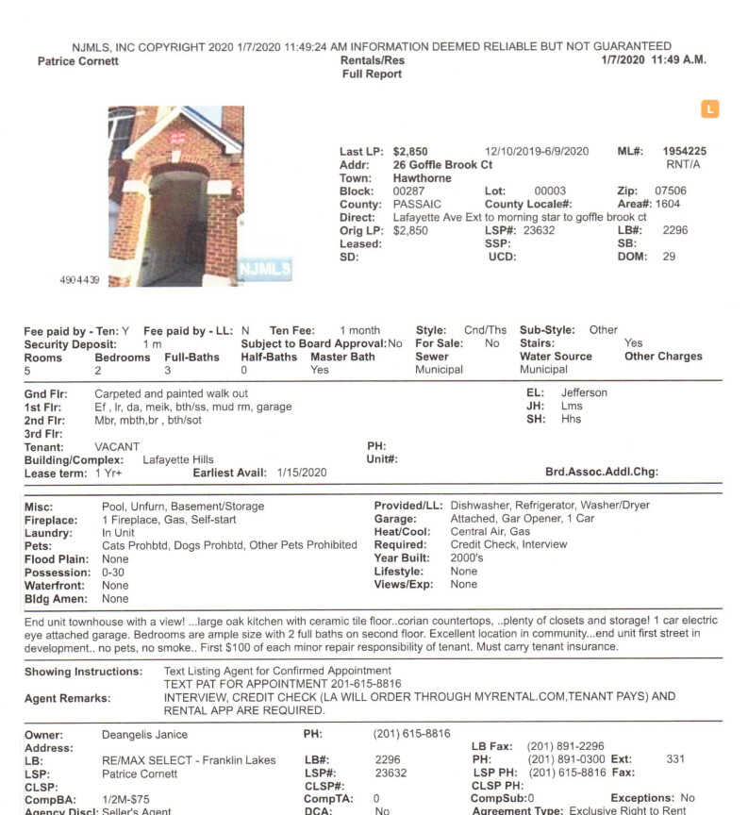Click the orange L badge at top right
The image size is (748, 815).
709,109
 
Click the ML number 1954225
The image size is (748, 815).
684,151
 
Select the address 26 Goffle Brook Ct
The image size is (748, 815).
442,164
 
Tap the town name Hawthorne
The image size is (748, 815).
422,178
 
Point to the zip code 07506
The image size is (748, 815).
671,191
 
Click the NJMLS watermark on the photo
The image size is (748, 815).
265,269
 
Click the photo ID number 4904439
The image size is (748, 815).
78,280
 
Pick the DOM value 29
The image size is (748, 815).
669,257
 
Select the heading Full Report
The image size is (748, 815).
372,75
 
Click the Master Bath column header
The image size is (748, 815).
342,357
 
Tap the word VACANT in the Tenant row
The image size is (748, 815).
117,446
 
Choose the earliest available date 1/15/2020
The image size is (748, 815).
302,473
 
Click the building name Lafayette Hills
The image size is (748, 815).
178,459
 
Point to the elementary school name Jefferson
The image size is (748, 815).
584,392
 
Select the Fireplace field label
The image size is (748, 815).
50,519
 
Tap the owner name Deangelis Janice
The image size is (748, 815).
144,734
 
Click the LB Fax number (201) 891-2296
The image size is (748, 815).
566,746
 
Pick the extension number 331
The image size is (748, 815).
675,759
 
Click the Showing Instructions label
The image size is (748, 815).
82,672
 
